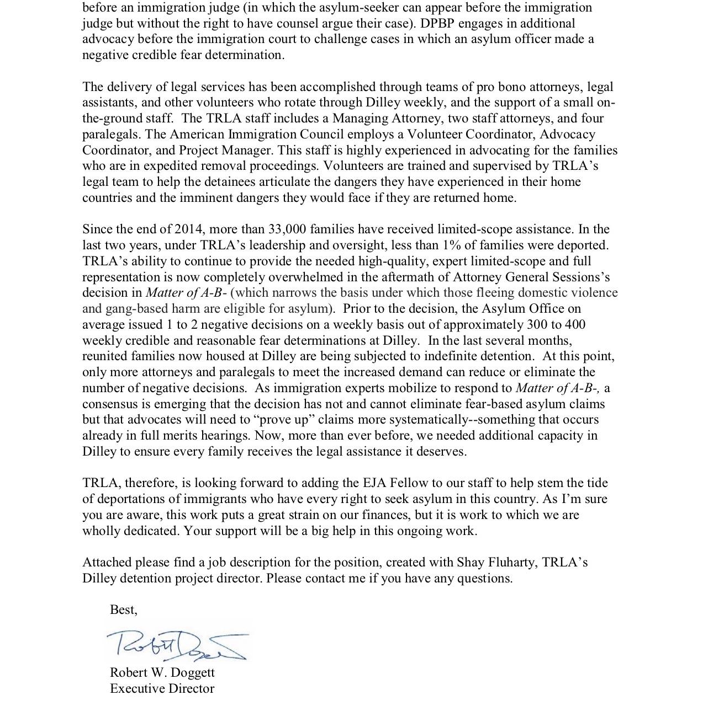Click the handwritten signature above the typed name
click(177, 644)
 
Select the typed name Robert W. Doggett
click(162, 673)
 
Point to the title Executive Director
click(162, 689)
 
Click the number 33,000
click(288, 229)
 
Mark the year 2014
click(189, 229)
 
